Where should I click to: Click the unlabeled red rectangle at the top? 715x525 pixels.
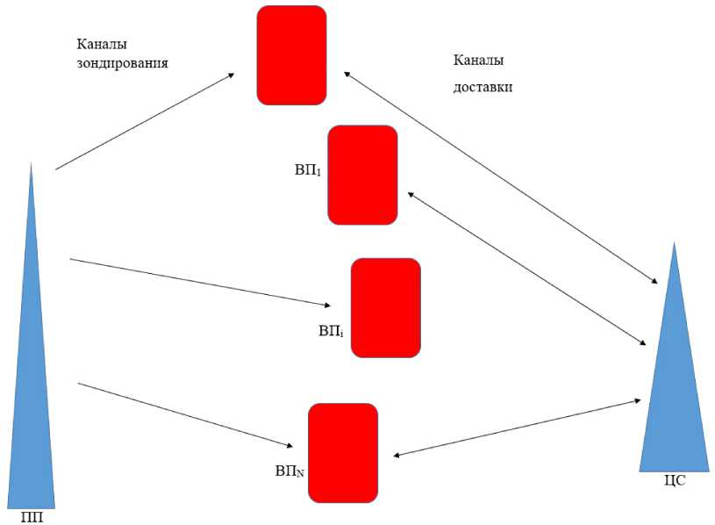tap(291, 55)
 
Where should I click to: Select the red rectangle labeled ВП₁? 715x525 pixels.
tap(362, 175)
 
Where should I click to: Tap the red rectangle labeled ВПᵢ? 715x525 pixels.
tap(385, 307)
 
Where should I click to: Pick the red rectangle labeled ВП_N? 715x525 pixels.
tap(343, 452)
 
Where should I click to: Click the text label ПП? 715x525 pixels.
tap(32, 517)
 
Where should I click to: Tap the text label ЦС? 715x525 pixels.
tap(676, 480)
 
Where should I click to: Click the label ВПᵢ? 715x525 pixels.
tap(331, 332)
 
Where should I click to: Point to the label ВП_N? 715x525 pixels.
tap(290, 471)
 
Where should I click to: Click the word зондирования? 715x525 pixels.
tap(122, 63)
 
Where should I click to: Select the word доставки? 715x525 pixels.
tap(483, 88)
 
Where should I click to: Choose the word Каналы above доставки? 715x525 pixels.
tap(479, 61)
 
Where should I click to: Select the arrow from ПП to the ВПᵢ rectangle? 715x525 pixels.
tap(200, 282)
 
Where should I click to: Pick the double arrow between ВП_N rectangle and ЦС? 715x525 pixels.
tap(518, 428)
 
